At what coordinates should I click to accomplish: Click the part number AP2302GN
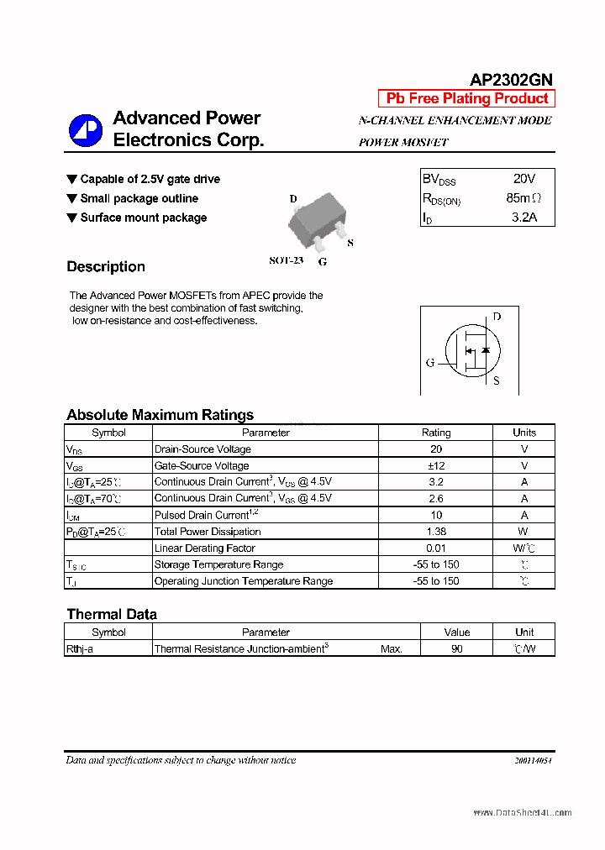pos(510,80)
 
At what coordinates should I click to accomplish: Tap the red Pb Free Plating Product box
pos(466,98)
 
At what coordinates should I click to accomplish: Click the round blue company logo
pos(85,129)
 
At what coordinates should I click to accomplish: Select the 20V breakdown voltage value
pos(523,179)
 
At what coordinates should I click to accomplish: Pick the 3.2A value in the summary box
pos(523,218)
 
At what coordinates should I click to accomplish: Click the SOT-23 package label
pos(286,260)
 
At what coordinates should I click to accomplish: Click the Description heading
pos(106,267)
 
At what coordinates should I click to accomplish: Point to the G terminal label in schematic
pos(430,363)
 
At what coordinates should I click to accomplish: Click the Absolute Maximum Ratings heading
pos(160,415)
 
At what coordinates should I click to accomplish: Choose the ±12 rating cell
pos(435,465)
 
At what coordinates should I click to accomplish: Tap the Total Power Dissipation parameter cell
pos(208,532)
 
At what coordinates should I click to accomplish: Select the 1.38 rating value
pos(435,532)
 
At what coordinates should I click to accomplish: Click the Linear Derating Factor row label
pos(204,548)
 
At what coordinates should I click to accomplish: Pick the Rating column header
pos(435,433)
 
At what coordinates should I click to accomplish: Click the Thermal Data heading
pos(112,614)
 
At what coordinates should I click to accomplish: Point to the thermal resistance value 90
pos(456,648)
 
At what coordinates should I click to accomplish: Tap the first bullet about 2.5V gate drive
pos(150,179)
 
